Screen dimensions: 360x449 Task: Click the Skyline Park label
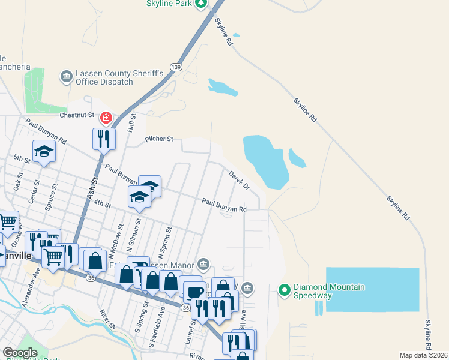click(x=169, y=4)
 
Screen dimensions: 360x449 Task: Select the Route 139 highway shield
click(x=175, y=67)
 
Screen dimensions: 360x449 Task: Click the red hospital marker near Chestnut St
click(x=106, y=118)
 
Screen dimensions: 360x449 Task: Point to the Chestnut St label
click(x=77, y=115)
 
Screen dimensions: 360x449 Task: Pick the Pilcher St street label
click(x=159, y=139)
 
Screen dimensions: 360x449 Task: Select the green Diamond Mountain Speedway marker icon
click(x=284, y=291)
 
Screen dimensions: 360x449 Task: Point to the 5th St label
click(x=22, y=159)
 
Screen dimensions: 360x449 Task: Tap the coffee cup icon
click(x=194, y=292)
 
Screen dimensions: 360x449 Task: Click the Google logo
click(x=20, y=353)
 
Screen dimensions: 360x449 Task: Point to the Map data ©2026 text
click(x=423, y=355)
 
